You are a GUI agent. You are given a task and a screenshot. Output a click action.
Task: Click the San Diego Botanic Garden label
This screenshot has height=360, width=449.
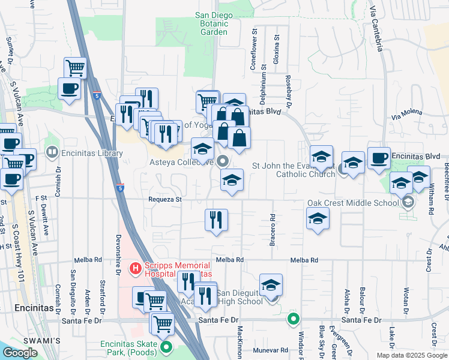pos(212,23)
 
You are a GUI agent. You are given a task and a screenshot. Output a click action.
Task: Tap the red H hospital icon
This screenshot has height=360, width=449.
pos(136,267)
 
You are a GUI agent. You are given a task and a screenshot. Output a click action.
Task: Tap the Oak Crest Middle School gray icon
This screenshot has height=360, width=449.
pos(409,202)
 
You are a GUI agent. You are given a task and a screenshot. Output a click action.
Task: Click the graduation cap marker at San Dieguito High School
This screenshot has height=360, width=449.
pos(271,285)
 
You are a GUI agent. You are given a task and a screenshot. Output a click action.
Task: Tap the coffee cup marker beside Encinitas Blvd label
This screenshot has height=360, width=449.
pos(379,158)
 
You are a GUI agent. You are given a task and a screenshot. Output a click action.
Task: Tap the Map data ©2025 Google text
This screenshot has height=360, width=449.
pos(412,355)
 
